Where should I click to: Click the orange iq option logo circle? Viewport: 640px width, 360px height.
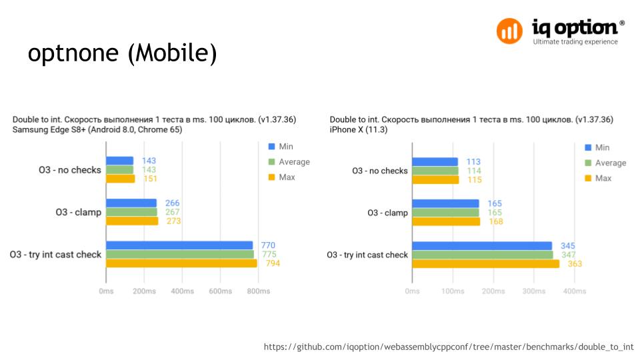(x=510, y=31)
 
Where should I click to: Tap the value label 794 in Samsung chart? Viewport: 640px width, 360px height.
(x=273, y=263)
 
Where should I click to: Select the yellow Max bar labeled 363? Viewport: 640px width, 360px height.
(x=485, y=264)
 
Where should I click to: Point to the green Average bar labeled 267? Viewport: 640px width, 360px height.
(x=131, y=212)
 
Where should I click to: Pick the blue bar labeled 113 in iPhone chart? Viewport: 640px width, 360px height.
(x=435, y=161)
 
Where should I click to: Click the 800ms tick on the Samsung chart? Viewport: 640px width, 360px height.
(x=259, y=291)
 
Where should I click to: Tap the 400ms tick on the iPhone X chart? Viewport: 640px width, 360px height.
(x=574, y=291)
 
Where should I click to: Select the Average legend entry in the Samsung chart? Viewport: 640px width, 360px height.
(x=288, y=162)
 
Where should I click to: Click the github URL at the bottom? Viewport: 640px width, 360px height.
(x=448, y=347)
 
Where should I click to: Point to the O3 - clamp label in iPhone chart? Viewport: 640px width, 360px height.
(x=387, y=213)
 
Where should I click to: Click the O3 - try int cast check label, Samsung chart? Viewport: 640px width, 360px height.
(x=55, y=254)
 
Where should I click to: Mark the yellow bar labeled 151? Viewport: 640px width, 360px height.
(x=120, y=178)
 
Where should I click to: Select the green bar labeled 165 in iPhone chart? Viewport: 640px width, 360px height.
(x=445, y=213)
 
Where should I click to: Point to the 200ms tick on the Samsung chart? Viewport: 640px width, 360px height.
(x=145, y=291)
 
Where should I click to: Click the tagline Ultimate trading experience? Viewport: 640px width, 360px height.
(x=575, y=42)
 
